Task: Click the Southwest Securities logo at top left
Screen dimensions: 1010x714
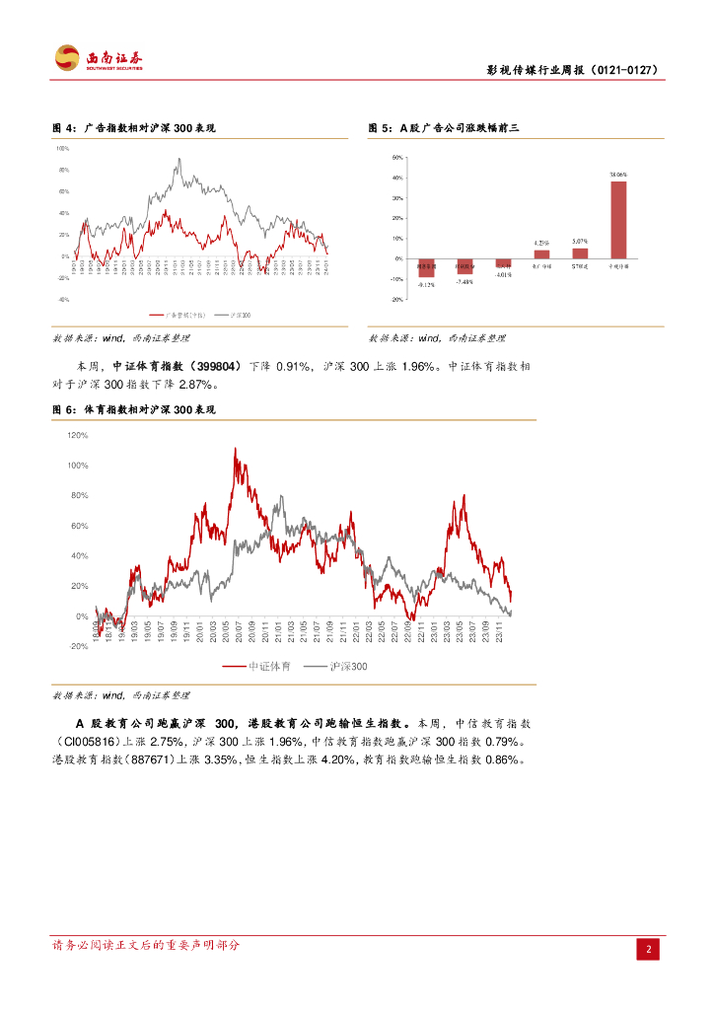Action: tap(98, 59)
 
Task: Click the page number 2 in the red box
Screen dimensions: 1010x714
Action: tap(649, 949)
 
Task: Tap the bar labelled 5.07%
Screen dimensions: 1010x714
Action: tap(580, 252)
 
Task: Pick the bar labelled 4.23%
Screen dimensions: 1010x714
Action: tap(541, 253)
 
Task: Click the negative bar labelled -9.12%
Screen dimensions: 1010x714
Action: tap(426, 267)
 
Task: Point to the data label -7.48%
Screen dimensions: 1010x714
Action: tap(464, 282)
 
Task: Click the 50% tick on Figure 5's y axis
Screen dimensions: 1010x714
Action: tap(397, 158)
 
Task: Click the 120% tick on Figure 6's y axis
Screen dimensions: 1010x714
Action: tap(78, 435)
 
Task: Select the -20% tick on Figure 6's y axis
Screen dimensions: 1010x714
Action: tap(78, 647)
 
